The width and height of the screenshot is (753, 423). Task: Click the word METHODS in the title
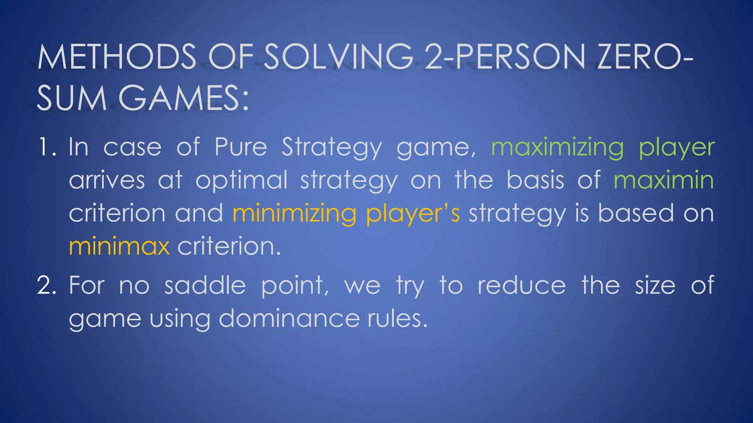coord(117,57)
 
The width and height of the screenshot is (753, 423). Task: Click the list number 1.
coord(47,147)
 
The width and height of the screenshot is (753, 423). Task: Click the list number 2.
coord(47,285)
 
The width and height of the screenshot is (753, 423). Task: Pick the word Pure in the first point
coord(240,147)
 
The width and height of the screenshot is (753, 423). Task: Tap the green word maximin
coord(664,180)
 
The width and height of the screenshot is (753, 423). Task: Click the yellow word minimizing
coord(295,214)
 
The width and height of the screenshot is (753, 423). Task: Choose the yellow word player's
coord(413,214)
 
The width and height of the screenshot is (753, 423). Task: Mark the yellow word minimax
coord(119,246)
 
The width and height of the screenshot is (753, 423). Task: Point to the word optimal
coord(241,180)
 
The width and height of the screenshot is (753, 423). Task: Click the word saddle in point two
coord(205,285)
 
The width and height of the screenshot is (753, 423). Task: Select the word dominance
coord(289,318)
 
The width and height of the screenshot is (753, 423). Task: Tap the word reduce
coord(521,285)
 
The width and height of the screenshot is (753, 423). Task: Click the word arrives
coord(107,180)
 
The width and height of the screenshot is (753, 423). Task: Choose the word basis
coord(535,180)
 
